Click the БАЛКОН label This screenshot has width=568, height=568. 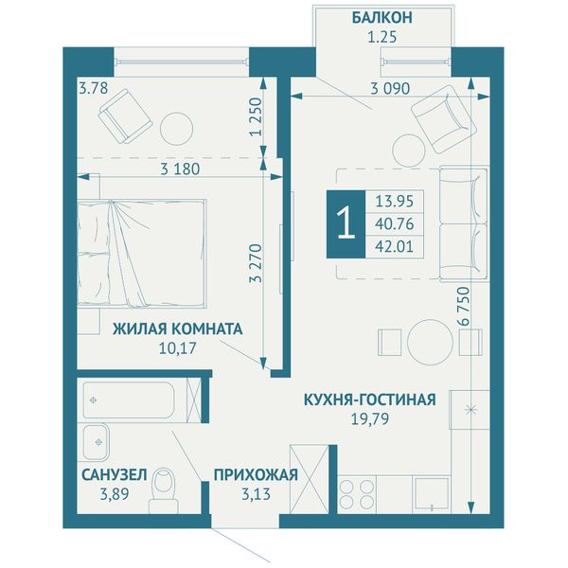point(382,17)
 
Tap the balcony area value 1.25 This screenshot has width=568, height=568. point(382,37)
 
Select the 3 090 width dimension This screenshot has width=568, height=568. point(390,88)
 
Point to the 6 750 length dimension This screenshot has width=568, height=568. point(463,306)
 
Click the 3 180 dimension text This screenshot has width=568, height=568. point(180,169)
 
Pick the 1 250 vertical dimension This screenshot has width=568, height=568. point(257,116)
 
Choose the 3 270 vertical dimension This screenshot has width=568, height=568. point(257,263)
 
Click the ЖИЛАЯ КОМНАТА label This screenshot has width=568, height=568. point(178,328)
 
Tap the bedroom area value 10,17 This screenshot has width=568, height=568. point(178,348)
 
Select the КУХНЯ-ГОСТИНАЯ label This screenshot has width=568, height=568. point(370,399)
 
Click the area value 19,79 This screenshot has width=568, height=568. point(370,418)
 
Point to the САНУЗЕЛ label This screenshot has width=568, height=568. point(115,475)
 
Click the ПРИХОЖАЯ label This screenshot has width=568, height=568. point(256,475)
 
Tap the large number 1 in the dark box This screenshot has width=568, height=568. point(346,223)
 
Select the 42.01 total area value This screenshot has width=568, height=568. point(394,247)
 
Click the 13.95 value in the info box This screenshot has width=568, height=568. point(394,201)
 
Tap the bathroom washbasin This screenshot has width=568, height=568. point(96,441)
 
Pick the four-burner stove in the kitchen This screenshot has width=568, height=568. point(357,494)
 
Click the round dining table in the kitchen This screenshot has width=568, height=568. point(431,342)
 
